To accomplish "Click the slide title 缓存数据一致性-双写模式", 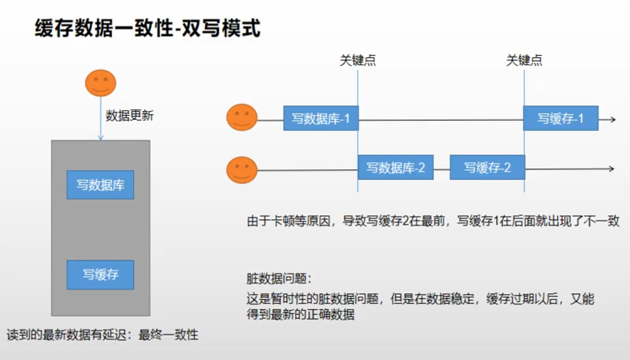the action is click(148, 28).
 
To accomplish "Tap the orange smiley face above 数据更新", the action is click(101, 83).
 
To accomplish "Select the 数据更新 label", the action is click(130, 116).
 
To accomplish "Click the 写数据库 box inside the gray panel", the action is click(101, 185).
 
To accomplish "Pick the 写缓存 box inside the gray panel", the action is click(101, 275).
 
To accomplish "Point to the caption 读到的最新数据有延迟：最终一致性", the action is click(103, 335).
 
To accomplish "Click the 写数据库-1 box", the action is click(321, 118).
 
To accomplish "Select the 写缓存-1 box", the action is click(561, 118).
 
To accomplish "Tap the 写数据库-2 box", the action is click(396, 167).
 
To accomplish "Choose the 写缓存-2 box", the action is click(487, 167).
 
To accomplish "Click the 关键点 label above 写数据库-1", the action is click(357, 61).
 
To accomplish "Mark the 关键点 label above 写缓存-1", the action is click(524, 61).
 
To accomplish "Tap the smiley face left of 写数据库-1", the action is click(242, 117).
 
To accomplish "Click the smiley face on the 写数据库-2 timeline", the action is click(242, 170).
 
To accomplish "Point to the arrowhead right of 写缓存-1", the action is click(613, 119).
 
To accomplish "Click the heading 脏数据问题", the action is click(279, 278).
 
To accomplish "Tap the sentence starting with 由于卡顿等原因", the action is click(433, 221).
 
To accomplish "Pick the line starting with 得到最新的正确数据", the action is click(301, 314).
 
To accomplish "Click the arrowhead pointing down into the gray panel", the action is click(101, 138).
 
